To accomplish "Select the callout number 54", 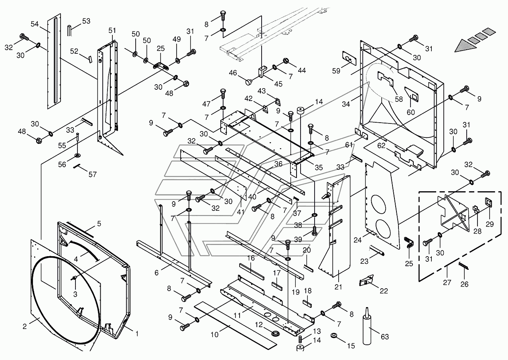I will [x=35, y=24].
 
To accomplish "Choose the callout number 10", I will [x=215, y=334].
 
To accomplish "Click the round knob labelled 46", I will [x=249, y=82].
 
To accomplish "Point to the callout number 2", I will [x=24, y=326].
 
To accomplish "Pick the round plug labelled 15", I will [x=333, y=335].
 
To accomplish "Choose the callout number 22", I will [x=384, y=291].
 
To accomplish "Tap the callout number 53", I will [x=86, y=21].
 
